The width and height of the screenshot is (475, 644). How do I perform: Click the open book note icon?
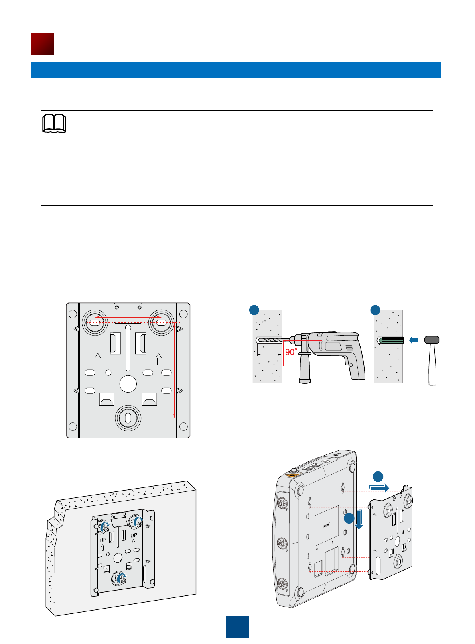click(54, 124)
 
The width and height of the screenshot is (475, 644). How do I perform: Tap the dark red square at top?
click(42, 44)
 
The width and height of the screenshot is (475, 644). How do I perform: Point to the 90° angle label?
click(291, 352)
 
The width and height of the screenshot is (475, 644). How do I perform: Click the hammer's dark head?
click(432, 340)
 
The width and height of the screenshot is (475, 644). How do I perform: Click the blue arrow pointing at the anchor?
click(414, 340)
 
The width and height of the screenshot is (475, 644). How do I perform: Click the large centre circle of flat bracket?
click(128, 384)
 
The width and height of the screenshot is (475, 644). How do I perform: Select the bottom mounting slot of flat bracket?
click(128, 418)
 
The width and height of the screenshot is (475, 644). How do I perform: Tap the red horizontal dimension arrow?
click(128, 318)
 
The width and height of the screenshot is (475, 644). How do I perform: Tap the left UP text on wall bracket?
click(103, 540)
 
